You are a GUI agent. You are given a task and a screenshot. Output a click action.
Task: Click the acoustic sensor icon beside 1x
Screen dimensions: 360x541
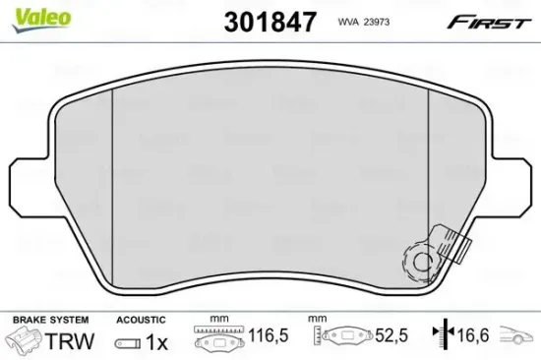point(126,342)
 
